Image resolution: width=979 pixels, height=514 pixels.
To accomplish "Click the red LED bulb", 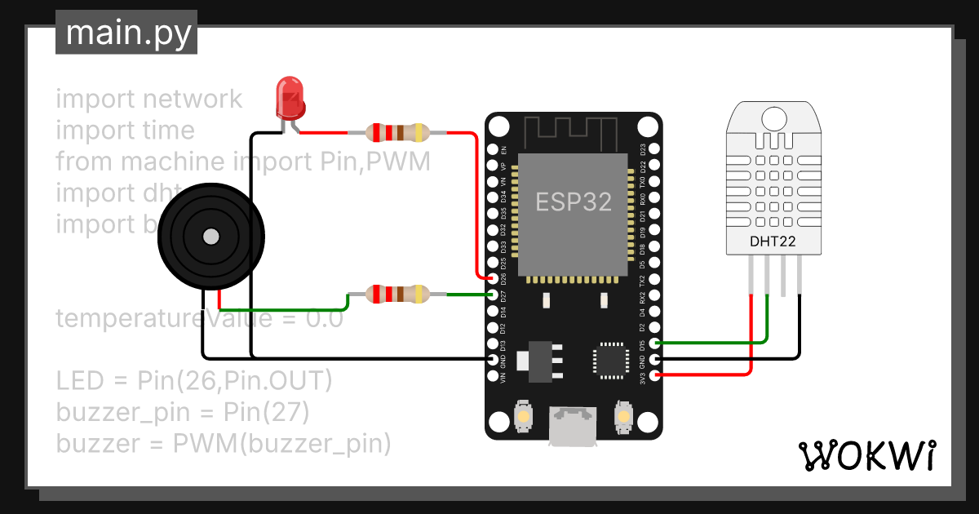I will pos(289,96).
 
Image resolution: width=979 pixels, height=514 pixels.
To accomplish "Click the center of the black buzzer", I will pos(211,237).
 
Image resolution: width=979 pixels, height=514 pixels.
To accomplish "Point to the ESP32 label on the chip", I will pos(574,202).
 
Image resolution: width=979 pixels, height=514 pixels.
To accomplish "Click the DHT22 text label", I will pos(772,241).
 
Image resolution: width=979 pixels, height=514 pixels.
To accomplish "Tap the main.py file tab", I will pos(127,34).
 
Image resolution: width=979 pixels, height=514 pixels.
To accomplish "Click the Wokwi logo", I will pos(866,455).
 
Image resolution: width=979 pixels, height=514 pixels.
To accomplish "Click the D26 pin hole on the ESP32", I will pos(493,278).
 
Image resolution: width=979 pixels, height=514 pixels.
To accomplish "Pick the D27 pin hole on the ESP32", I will pos(493,295).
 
